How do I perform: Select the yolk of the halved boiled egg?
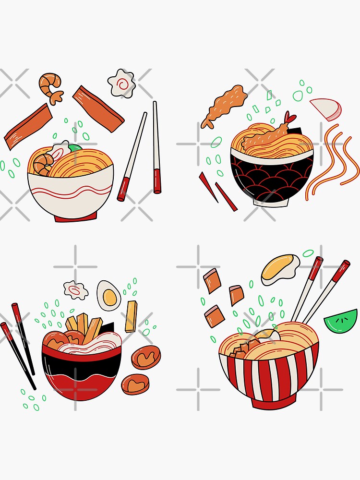click(x=110, y=298)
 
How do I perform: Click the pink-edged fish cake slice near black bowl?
click(x=326, y=109)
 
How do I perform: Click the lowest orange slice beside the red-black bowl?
click(x=135, y=384)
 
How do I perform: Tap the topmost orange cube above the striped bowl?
click(x=212, y=280)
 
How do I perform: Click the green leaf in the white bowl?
click(x=75, y=148)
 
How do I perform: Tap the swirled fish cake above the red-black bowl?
click(x=76, y=290)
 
